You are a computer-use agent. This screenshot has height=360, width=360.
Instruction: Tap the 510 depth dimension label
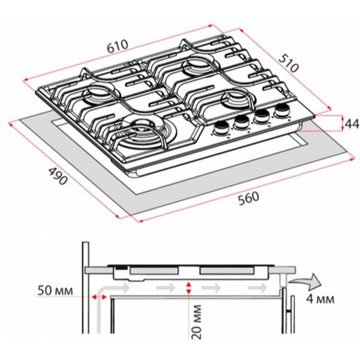pos(289,63)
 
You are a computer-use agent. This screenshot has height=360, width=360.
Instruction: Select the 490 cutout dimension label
pos(58,176)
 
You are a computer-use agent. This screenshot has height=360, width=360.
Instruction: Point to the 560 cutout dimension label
pos(248,199)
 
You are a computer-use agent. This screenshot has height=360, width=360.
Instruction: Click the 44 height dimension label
pos(352,124)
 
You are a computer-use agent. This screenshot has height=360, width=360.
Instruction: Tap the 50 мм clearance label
pos(55,290)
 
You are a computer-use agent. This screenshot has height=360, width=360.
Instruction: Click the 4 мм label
pos(320,299)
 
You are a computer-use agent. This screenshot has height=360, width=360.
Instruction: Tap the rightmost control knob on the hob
pos(283,110)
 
